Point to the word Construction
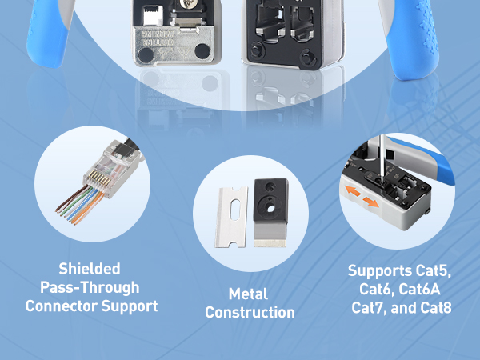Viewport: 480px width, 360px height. [x=250, y=313]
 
